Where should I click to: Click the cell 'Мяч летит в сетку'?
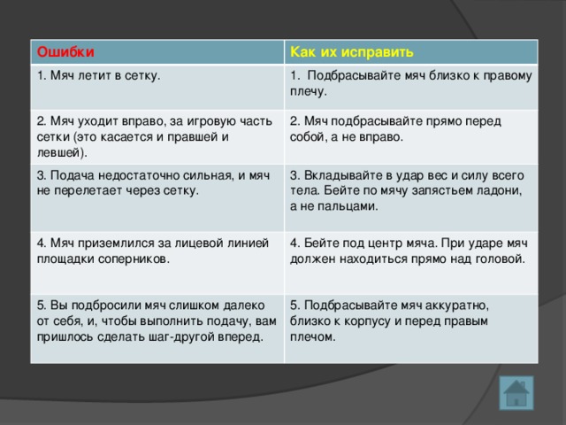99,77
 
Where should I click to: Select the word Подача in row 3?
75,175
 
